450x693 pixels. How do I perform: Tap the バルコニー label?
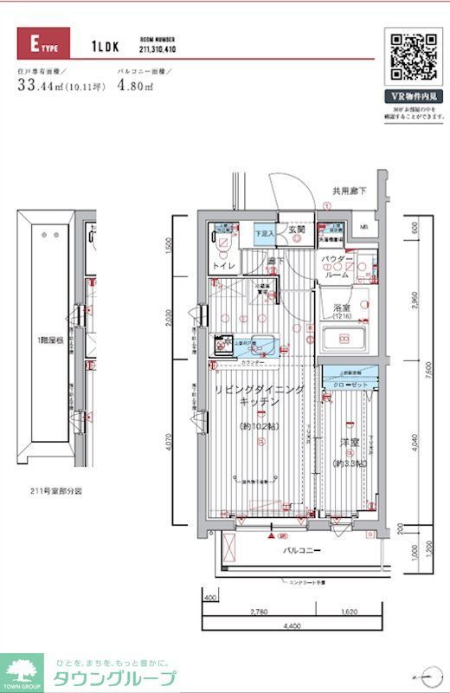(300, 551)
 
